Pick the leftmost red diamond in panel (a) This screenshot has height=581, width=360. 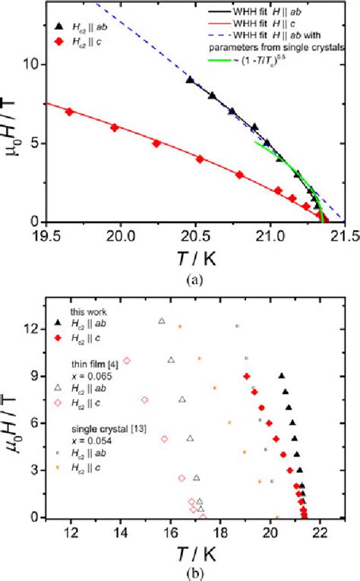pos(69,112)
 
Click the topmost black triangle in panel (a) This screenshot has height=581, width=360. pos(190,79)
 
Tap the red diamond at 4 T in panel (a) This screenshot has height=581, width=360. pos(200,159)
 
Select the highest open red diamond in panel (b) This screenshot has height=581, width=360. pos(127,361)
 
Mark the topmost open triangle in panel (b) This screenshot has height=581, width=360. pos(161,321)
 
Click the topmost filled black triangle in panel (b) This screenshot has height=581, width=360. pos(282,375)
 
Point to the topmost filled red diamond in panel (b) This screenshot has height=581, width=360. pos(246,376)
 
